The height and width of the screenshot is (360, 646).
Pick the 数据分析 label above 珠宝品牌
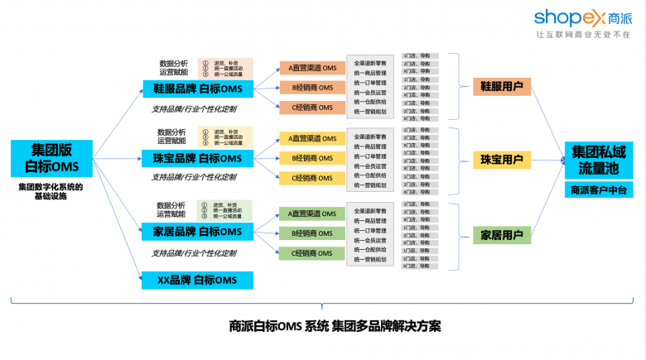tap(172, 132)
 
